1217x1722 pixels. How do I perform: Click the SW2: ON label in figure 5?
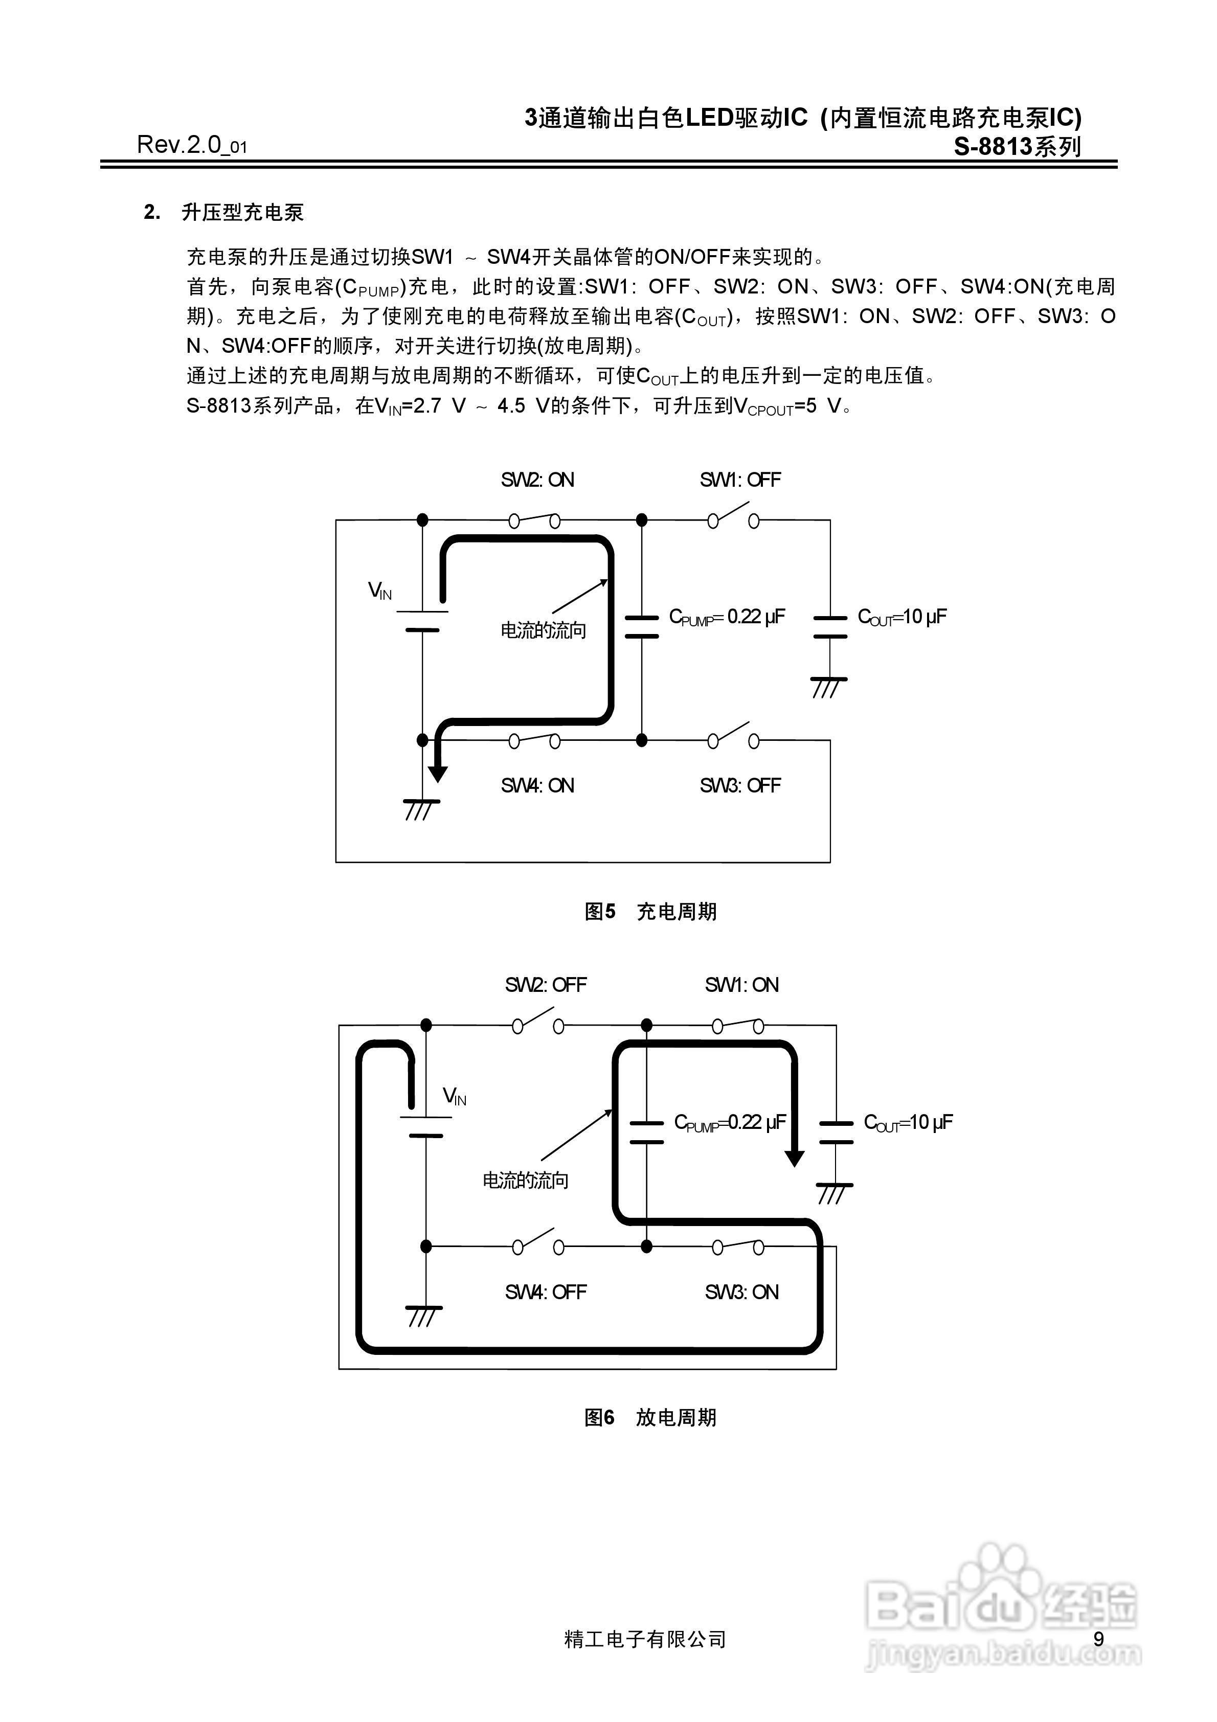tap(537, 480)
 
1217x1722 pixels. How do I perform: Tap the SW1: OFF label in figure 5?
tap(740, 480)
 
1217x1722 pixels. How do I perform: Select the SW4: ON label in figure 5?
tap(537, 786)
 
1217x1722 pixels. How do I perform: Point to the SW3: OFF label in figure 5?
tap(740, 786)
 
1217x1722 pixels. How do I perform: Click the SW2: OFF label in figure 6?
tap(546, 985)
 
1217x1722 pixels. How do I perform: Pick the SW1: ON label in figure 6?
tap(741, 985)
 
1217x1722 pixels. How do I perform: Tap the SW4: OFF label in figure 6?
tap(546, 1292)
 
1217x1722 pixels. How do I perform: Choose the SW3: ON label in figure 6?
tap(741, 1292)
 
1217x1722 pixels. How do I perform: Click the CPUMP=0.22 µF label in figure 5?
tap(726, 617)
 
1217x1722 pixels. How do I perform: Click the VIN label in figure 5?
tap(379, 591)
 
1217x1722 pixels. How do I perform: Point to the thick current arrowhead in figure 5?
tap(437, 773)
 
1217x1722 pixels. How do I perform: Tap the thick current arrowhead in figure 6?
tap(794, 1157)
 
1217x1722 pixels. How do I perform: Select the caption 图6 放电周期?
tap(650, 1417)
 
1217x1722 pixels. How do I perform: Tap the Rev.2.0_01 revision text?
tap(191, 145)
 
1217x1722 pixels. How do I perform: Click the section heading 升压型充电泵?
tap(242, 213)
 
